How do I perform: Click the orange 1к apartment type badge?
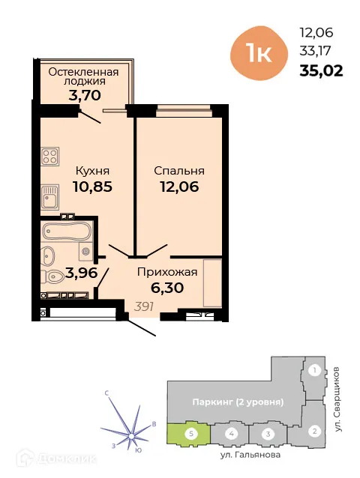pyautogui.click(x=257, y=52)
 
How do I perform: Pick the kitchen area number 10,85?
pyautogui.click(x=92, y=187)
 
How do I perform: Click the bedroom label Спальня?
pyautogui.click(x=179, y=170)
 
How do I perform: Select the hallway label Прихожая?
pyautogui.click(x=166, y=271)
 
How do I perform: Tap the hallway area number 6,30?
pyautogui.click(x=166, y=287)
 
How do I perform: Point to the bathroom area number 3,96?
pyautogui.click(x=82, y=273)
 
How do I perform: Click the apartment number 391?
pyautogui.click(x=145, y=306)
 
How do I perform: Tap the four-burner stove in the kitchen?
pyautogui.click(x=49, y=157)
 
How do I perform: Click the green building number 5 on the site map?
pyautogui.click(x=192, y=433)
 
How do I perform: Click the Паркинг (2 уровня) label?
pyautogui.click(x=235, y=402)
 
